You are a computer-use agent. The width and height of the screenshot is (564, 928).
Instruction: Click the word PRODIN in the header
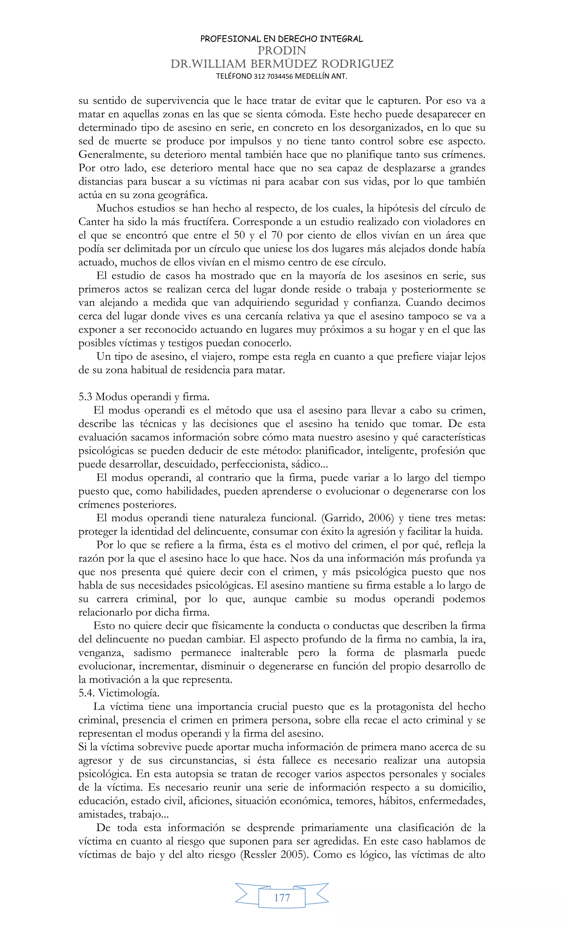pos(282,50)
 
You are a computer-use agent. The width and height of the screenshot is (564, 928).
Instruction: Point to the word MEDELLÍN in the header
pos(312,76)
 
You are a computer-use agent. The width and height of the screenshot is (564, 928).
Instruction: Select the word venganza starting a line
pos(101,653)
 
